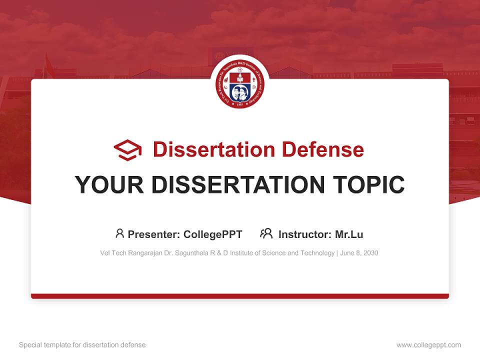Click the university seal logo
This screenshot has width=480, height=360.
tap(239, 84)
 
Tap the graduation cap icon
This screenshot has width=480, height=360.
tap(127, 149)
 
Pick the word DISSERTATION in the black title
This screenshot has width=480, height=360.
tap(237, 184)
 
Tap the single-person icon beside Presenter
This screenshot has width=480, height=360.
tap(119, 233)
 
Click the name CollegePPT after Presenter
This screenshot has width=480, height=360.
tap(212, 234)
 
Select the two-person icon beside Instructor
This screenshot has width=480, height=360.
tap(266, 233)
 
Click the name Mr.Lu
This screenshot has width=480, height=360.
tap(349, 234)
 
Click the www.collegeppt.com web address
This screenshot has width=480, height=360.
tap(428, 345)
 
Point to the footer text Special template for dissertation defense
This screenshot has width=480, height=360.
tap(82, 345)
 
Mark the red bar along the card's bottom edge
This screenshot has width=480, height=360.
tap(239, 296)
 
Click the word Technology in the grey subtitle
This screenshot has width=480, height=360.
tap(317, 253)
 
